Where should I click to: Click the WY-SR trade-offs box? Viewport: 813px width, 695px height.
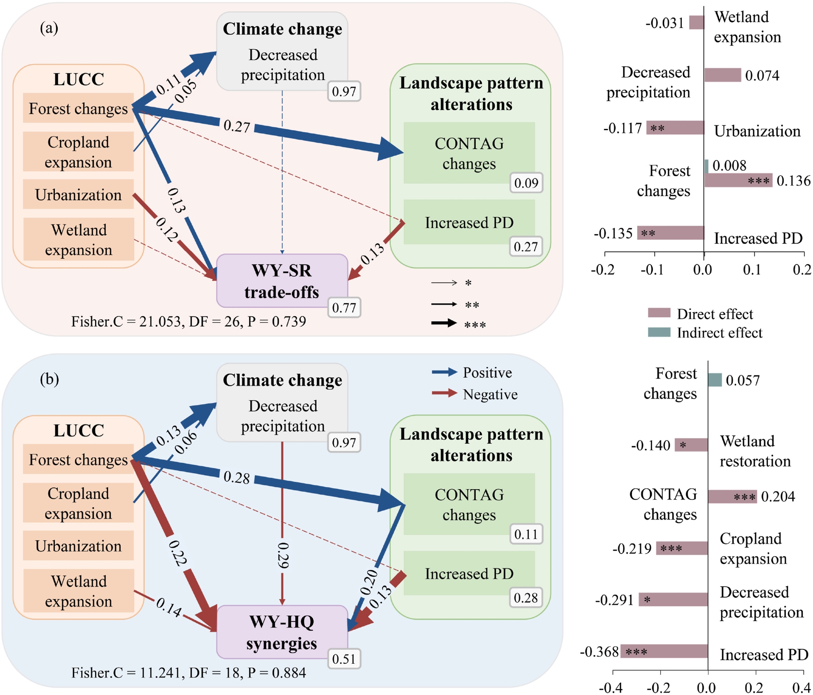(282, 281)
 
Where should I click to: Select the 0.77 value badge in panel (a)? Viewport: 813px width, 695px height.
(344, 307)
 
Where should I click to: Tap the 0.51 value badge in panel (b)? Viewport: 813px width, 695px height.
(344, 659)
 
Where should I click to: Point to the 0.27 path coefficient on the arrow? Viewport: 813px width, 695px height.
(237, 126)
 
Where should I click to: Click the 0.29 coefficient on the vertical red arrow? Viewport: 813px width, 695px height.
(283, 555)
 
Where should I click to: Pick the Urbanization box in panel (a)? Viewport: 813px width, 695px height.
(78, 195)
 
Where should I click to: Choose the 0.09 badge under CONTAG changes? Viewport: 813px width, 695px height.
(526, 183)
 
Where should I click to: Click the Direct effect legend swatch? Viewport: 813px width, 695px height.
(659, 313)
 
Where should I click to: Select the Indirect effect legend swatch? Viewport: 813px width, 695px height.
(659, 332)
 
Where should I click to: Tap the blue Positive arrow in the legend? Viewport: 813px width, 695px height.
(444, 371)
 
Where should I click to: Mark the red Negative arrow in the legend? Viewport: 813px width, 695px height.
(444, 393)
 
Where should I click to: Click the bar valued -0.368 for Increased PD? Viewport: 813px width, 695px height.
(664, 651)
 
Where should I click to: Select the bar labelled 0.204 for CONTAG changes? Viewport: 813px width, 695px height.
(732, 497)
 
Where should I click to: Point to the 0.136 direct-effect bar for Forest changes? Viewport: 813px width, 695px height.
(738, 181)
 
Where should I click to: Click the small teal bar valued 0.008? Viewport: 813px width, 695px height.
(706, 166)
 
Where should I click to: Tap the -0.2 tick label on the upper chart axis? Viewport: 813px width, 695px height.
(602, 270)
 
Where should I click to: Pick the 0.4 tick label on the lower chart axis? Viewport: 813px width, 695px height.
(801, 688)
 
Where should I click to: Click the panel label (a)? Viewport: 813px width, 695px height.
(49, 28)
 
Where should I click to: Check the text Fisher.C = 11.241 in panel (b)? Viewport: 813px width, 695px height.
(125, 673)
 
